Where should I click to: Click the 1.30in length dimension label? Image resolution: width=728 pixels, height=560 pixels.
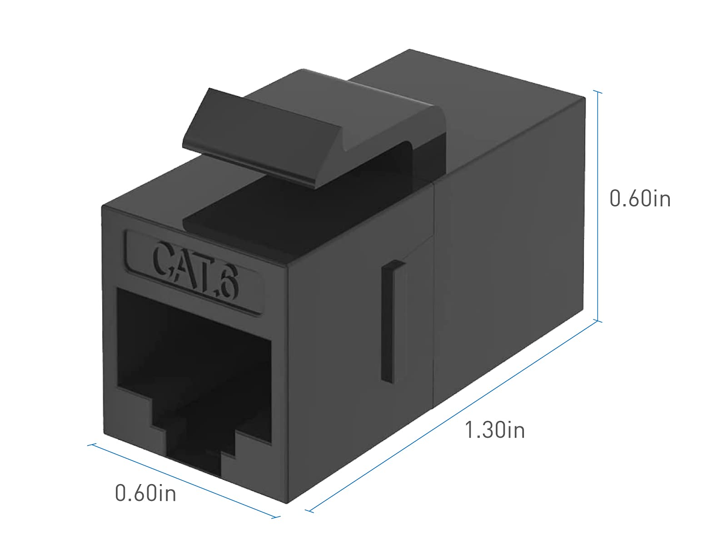pos(495,430)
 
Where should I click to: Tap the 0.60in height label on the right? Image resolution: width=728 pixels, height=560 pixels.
pos(640,199)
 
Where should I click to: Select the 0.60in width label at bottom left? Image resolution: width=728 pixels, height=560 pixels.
pos(145,493)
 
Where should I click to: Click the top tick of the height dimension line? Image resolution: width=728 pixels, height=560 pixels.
pos(598,92)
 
